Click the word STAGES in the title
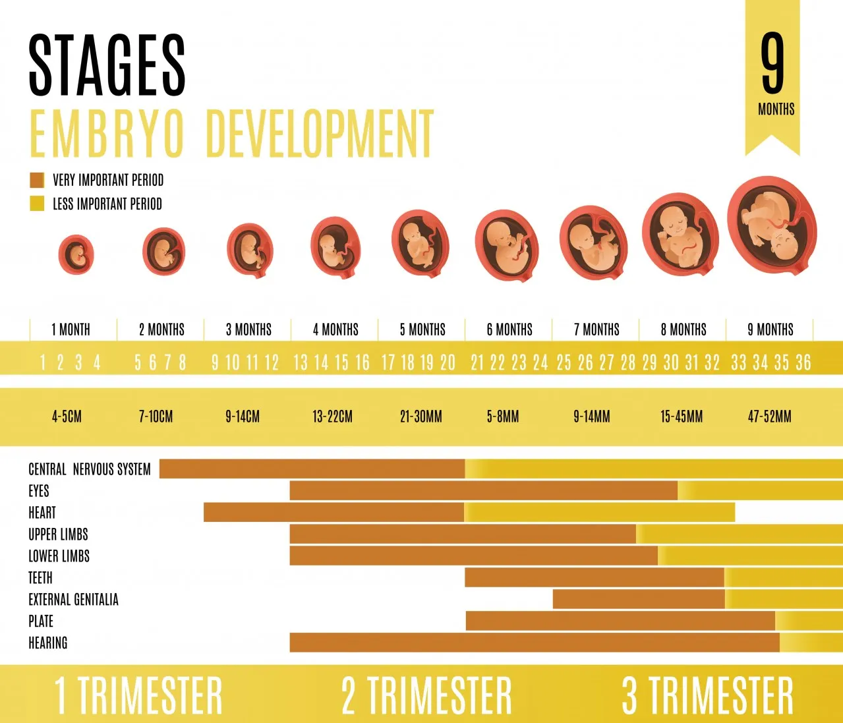107,65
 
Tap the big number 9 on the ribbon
772,64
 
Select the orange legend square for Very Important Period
37,180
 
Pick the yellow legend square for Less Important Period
37,204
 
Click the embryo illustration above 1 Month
76,254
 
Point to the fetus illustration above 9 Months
772,227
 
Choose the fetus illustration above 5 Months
420,242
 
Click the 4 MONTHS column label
335,330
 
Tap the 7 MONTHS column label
596,330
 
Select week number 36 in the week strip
803,362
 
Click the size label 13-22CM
332,417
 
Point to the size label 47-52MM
769,417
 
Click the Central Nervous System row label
90,469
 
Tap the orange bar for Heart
334,512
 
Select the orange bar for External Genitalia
638,599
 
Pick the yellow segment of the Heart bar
600,512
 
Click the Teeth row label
40,578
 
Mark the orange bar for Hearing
534,643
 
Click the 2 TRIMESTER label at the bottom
426,695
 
